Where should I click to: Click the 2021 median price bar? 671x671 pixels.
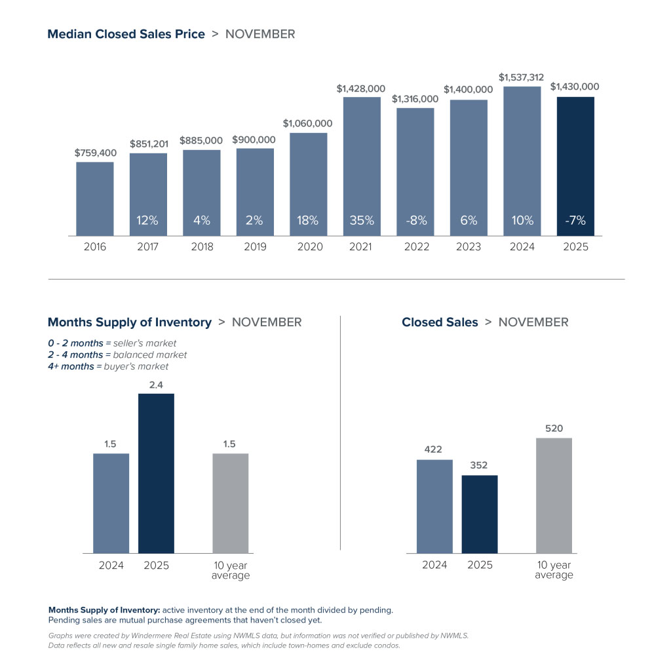tap(361, 166)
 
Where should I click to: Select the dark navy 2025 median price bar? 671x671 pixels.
tap(575, 166)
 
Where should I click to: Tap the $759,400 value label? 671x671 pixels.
tap(95, 153)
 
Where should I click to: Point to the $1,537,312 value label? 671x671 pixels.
tap(521, 77)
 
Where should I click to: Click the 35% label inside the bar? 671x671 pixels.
tap(361, 221)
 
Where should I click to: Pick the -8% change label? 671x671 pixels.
tap(415, 221)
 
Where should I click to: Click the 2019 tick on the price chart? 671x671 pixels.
tap(255, 247)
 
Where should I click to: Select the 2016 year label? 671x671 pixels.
tap(94, 247)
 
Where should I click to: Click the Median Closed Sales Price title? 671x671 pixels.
tap(126, 34)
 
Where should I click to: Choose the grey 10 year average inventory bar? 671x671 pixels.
tap(231, 503)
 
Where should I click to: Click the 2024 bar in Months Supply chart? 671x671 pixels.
tap(111, 503)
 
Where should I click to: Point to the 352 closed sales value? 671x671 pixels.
tap(479, 465)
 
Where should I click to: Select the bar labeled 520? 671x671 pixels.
tap(554, 495)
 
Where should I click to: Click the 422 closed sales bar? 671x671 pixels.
tap(434, 507)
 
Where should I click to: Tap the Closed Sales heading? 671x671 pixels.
tap(440, 322)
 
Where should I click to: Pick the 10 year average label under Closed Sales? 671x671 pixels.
tap(554, 570)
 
